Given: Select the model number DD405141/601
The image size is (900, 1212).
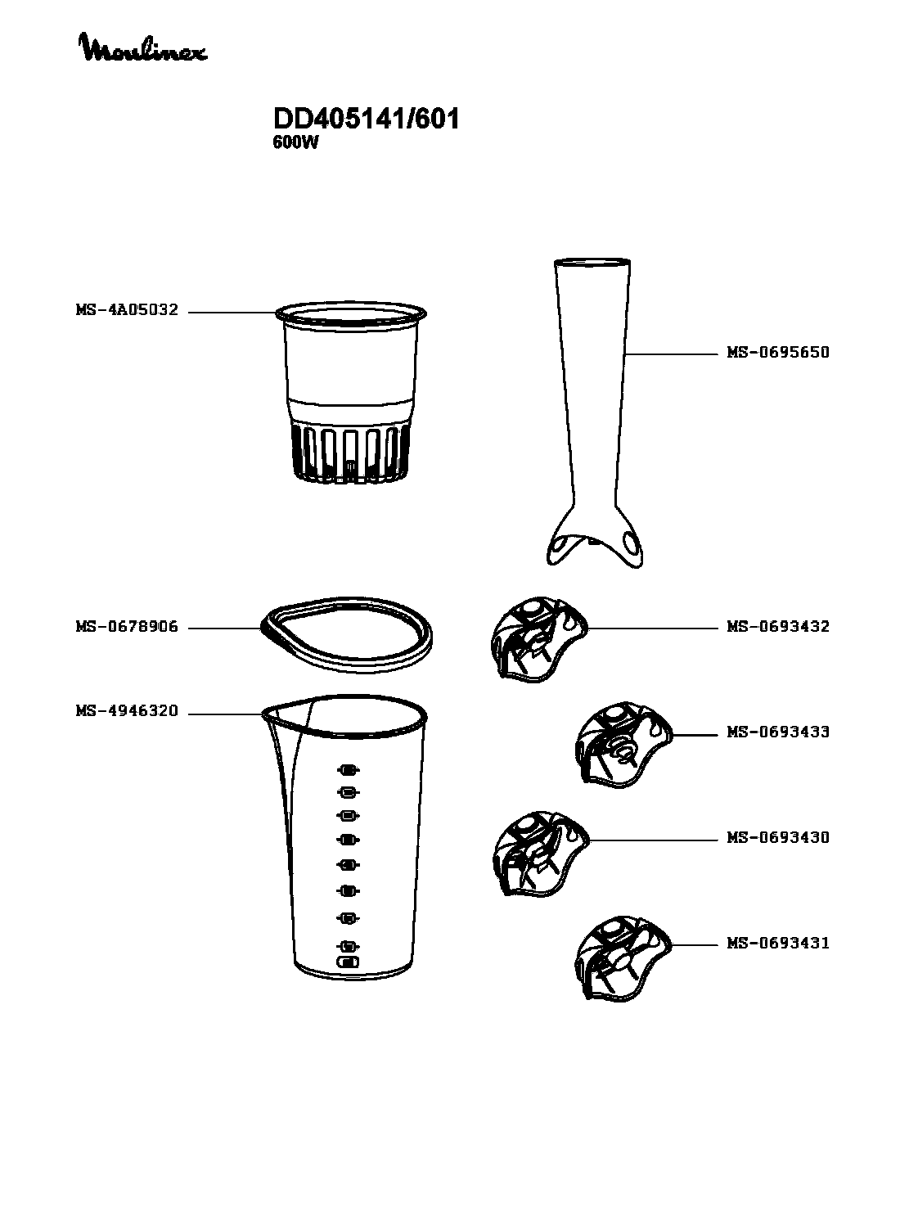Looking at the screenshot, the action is click(366, 119).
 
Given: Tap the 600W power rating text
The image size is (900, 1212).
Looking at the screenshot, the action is click(295, 142).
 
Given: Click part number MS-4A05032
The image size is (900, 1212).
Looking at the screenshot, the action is click(127, 310).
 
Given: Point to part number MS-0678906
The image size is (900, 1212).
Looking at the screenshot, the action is click(127, 626).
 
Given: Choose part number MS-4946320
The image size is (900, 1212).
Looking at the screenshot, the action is click(127, 711).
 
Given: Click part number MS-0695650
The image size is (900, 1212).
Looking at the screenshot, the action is click(777, 352).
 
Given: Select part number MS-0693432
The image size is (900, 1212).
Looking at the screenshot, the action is click(777, 626).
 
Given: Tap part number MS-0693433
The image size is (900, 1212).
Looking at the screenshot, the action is click(777, 732).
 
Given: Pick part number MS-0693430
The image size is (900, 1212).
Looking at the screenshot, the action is click(777, 837).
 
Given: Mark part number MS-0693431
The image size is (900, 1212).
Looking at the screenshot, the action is click(777, 943).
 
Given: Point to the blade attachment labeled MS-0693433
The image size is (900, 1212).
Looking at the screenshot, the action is click(623, 746).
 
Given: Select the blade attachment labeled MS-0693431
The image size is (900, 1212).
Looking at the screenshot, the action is click(623, 959).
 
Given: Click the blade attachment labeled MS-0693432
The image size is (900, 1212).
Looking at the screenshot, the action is click(539, 639).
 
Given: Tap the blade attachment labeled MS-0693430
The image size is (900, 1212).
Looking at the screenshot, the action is click(540, 854).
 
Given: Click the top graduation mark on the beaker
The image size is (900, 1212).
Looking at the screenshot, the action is click(349, 770).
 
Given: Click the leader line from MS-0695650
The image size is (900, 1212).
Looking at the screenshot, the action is click(671, 354).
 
